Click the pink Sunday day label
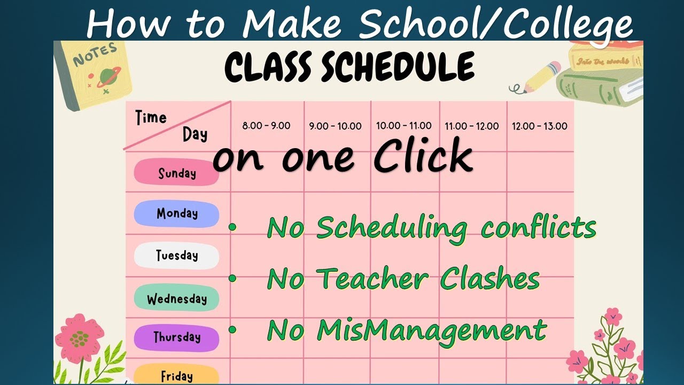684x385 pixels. [176, 173]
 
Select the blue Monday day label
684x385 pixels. [176, 214]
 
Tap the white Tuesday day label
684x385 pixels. [176, 256]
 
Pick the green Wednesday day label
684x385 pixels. [176, 298]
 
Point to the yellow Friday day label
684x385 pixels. [176, 375]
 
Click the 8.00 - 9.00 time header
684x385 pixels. [266, 126]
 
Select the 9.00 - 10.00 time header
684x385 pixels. [335, 127]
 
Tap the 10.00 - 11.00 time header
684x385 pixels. [403, 126]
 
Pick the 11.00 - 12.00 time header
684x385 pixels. [472, 127]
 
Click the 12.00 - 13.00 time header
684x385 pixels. [540, 127]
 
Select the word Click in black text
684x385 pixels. [422, 156]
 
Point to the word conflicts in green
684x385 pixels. [538, 228]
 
